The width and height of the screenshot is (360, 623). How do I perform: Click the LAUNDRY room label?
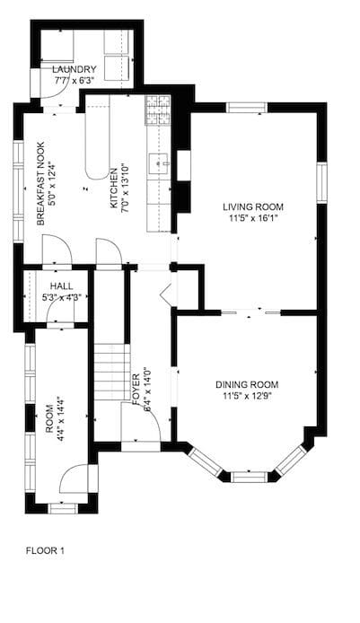(x=75, y=69)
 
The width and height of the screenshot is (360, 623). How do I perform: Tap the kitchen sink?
(x=159, y=163)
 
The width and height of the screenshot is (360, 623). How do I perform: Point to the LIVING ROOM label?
(x=253, y=207)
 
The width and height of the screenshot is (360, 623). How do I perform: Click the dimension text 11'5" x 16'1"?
(x=253, y=218)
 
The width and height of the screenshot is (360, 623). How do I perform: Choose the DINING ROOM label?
(x=247, y=384)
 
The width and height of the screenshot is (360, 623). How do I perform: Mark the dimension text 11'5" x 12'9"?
(x=247, y=396)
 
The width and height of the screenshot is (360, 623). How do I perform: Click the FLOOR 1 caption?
(x=45, y=550)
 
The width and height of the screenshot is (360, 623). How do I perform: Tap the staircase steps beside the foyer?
(x=112, y=372)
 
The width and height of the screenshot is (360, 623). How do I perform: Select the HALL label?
(x=62, y=286)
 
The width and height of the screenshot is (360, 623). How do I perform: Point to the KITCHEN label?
(x=114, y=189)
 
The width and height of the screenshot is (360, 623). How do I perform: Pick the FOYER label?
(x=136, y=390)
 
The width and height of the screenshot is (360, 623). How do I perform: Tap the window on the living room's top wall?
(x=247, y=108)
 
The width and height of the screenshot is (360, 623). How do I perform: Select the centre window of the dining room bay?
(x=250, y=477)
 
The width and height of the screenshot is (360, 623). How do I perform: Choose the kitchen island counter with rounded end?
(x=97, y=136)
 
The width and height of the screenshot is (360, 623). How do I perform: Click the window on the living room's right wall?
(x=322, y=183)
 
